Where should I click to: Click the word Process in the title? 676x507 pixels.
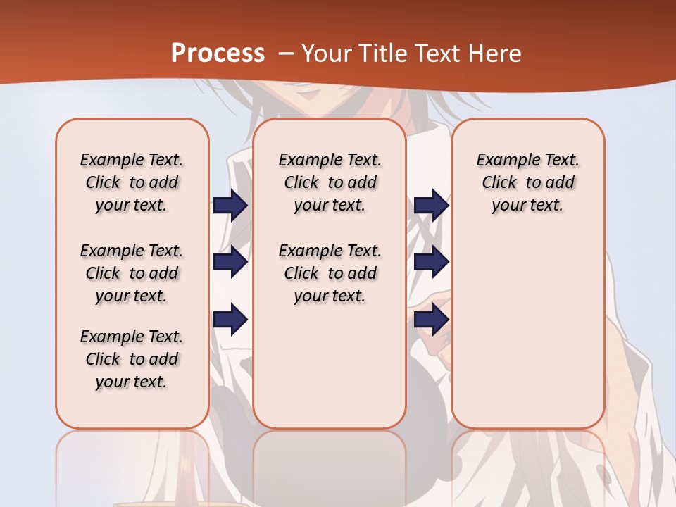tap(218, 54)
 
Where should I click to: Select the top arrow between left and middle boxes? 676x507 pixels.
tap(231, 206)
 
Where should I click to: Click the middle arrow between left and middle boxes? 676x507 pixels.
tap(231, 263)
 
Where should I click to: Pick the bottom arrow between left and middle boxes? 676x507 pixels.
tap(231, 320)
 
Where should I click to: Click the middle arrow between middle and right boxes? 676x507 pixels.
tap(431, 263)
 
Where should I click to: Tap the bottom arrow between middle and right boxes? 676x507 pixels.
tap(431, 320)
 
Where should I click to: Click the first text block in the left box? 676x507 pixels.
tap(132, 182)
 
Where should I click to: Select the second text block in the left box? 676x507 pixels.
tap(132, 273)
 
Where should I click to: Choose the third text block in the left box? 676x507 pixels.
tap(132, 359)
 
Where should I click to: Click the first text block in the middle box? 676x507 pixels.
tap(330, 182)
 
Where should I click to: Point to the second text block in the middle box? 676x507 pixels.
tap(330, 273)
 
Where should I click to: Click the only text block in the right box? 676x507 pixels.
tap(527, 182)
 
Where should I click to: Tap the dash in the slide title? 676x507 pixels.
tap(286, 54)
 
